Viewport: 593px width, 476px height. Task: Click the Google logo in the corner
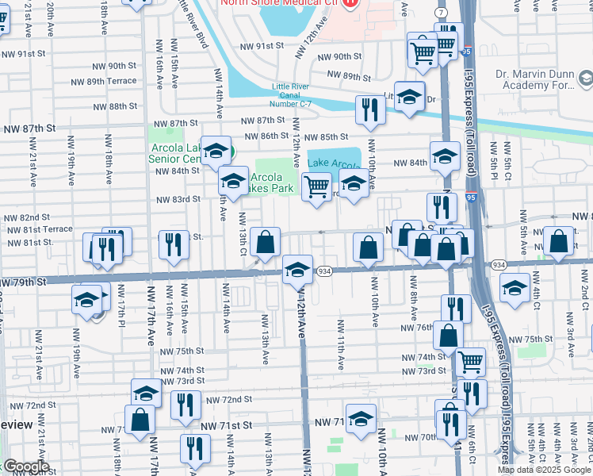25,466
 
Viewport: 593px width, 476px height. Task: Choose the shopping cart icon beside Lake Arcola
317,187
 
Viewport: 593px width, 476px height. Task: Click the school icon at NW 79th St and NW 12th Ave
297,270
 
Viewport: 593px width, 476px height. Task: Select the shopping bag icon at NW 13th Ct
266,241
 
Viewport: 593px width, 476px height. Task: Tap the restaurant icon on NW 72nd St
186,404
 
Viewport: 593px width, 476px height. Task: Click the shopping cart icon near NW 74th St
471,362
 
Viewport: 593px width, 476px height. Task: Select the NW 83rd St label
177,199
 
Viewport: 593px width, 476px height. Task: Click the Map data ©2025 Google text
544,470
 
